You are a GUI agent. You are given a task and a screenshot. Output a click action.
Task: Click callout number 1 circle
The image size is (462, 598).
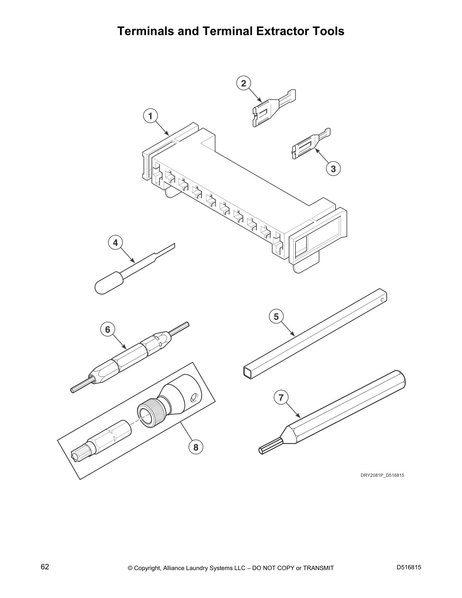click(x=151, y=116)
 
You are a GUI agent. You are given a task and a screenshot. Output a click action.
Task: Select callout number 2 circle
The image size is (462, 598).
click(x=243, y=83)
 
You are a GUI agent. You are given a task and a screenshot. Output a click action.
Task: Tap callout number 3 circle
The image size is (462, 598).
click(x=333, y=169)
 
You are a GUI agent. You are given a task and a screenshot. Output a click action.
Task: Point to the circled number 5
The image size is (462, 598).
click(x=276, y=316)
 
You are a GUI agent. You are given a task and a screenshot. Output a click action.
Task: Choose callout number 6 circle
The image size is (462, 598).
click(x=108, y=330)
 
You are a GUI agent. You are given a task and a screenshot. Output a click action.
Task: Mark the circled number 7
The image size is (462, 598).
click(x=281, y=397)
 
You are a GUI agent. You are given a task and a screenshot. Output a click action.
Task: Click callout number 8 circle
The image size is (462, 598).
click(x=196, y=447)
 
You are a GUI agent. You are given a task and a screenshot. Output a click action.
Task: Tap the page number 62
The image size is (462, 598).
click(x=45, y=567)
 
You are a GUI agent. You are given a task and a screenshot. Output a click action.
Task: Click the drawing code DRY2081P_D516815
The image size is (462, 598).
click(x=382, y=475)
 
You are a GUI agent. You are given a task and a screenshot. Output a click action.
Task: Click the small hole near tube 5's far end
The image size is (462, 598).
click(x=382, y=300)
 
